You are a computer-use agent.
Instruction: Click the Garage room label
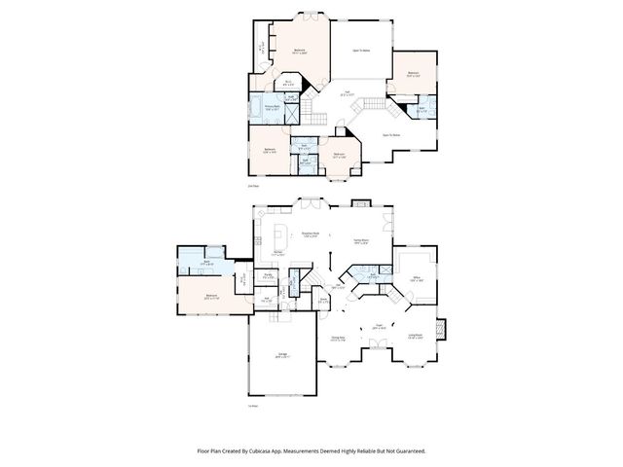[281, 354]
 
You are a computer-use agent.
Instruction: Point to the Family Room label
[359, 240]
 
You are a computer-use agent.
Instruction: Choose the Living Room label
[415, 337]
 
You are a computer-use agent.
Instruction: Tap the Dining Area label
[339, 339]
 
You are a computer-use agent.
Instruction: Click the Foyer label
[380, 327]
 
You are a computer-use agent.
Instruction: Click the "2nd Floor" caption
[253, 184]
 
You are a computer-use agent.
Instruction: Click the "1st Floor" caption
[253, 405]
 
